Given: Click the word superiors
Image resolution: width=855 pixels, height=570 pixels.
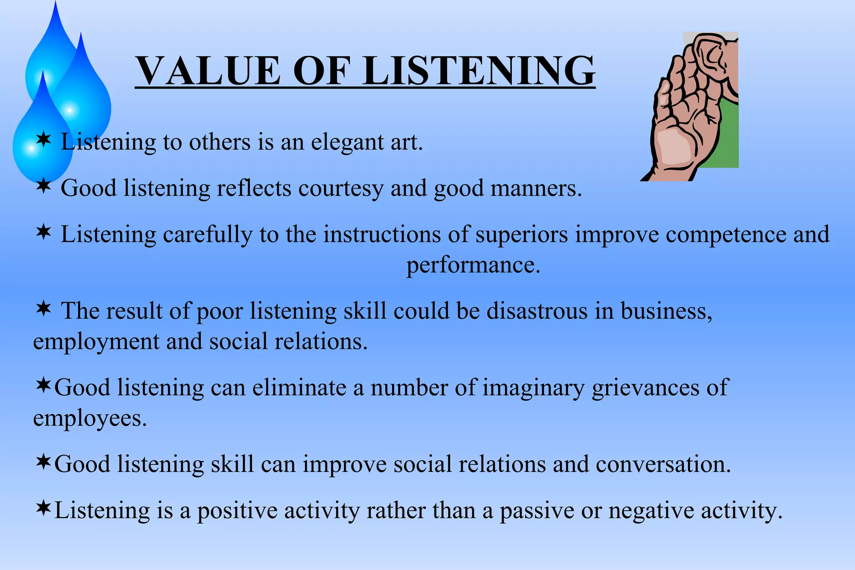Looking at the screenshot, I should [521, 235].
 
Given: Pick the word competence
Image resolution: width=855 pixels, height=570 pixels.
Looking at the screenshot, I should [726, 235].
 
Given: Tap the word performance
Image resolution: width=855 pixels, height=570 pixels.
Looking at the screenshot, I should [473, 265].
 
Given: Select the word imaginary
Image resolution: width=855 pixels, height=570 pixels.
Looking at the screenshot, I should [534, 388].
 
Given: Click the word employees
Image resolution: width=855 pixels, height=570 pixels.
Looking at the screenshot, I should [89, 419].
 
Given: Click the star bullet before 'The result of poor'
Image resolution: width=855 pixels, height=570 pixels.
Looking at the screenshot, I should [43, 310].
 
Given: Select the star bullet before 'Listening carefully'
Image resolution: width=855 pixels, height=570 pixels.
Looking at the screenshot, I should [43, 232].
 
